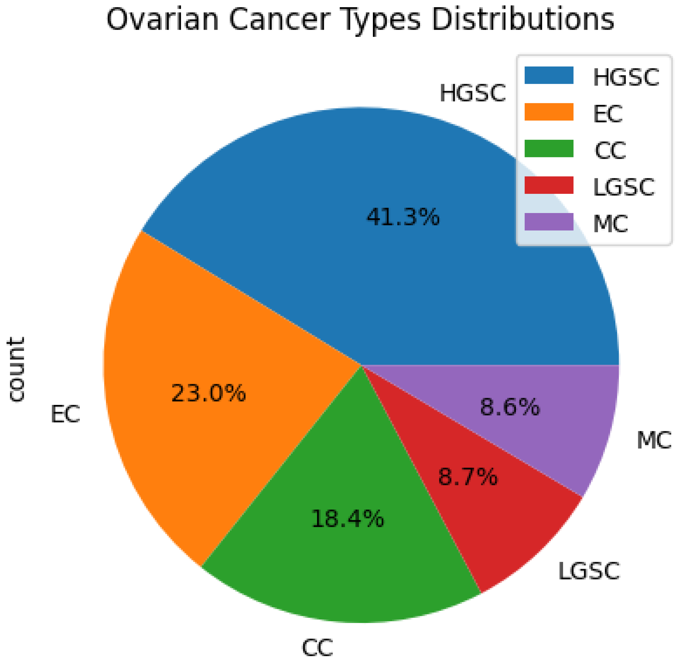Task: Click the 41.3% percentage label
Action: click(403, 217)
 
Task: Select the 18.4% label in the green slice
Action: click(347, 518)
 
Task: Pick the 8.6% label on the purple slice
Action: click(510, 407)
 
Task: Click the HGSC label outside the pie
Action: click(473, 93)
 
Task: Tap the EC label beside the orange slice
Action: click(65, 415)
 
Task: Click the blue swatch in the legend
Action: click(549, 75)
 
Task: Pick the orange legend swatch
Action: click(549, 112)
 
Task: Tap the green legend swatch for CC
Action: click(549, 149)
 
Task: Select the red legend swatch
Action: click(549, 185)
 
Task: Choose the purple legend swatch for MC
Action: click(549, 222)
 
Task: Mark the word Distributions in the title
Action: click(523, 20)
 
